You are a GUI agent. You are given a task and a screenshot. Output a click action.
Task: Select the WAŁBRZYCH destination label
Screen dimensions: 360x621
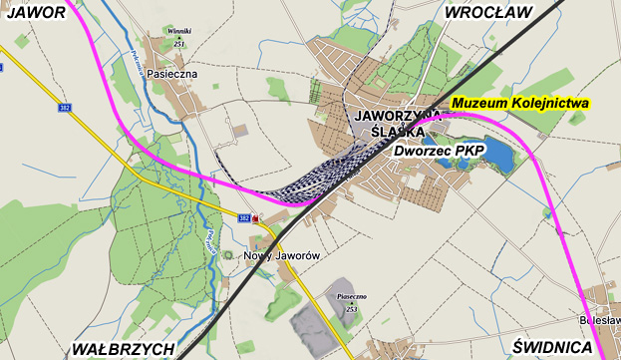coord(123,348)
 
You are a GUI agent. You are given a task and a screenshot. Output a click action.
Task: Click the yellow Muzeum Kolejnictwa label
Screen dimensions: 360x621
coord(521,104)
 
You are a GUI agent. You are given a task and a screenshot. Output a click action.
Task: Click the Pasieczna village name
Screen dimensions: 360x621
coord(171,74)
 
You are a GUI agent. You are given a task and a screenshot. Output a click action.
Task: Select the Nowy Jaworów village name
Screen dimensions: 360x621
coord(281,256)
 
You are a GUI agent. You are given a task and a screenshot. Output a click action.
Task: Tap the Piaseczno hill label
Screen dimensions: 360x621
coord(352,297)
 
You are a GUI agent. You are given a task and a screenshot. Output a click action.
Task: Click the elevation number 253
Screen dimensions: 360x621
coord(352,309)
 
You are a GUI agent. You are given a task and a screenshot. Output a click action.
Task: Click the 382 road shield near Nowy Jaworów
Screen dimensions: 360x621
coord(244,217)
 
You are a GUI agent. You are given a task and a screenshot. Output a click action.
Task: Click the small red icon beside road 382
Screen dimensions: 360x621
coord(257,218)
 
